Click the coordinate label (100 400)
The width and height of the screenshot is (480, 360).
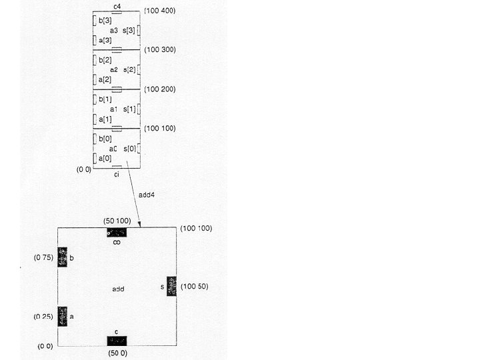(x=160, y=11)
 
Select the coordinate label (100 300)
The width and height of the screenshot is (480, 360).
(x=160, y=50)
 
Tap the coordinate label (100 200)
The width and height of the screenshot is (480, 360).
(x=160, y=89)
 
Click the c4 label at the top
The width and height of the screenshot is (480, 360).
(x=117, y=6)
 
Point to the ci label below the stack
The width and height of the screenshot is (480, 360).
(x=117, y=175)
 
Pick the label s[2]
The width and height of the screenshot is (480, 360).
(x=129, y=70)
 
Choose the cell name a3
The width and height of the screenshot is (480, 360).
(x=114, y=31)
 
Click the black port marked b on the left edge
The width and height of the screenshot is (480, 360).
(x=63, y=257)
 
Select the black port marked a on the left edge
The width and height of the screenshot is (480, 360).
(x=63, y=316)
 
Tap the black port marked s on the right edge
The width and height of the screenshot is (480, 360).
(x=171, y=287)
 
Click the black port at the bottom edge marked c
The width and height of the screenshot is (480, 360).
(x=117, y=341)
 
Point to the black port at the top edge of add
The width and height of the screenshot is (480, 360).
(x=117, y=232)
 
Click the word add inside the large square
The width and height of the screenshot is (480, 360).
(x=118, y=289)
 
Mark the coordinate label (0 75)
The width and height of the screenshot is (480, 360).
(x=44, y=257)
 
